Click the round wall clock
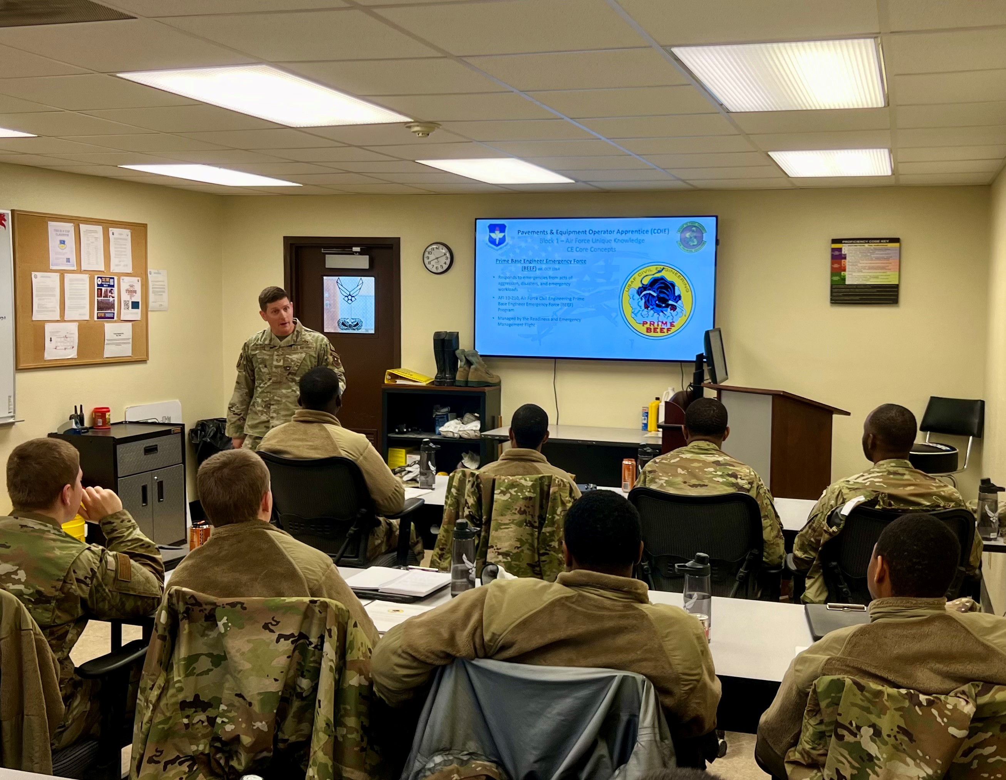point(438,258)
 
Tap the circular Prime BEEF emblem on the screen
point(658,300)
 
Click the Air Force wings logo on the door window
point(349,291)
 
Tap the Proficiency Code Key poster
point(865,271)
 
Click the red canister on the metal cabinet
point(101,418)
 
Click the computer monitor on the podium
point(715,356)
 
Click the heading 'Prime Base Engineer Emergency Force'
point(541,261)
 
